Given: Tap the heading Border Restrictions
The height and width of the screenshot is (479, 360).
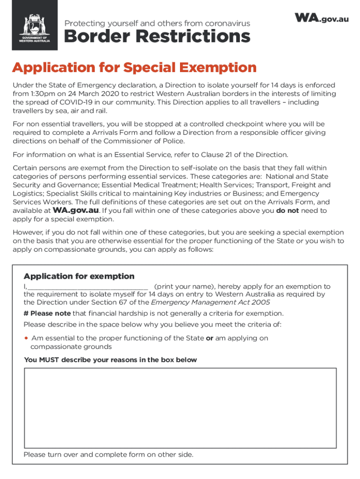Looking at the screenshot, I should (x=157, y=37).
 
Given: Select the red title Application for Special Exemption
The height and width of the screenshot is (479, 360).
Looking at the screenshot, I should (x=134, y=68).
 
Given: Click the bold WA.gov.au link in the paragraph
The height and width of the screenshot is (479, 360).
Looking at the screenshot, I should (x=76, y=210).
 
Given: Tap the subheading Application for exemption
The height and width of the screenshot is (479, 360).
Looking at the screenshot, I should (x=79, y=276).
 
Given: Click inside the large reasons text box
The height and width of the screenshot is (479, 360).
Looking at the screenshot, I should (x=180, y=408).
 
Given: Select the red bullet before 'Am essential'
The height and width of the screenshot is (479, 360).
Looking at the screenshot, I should (x=26, y=338).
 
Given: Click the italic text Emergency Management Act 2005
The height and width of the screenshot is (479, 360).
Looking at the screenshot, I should (x=210, y=302).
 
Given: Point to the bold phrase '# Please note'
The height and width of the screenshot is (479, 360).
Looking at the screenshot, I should (x=47, y=313).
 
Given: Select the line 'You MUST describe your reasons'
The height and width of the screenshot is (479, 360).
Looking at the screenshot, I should (x=110, y=360).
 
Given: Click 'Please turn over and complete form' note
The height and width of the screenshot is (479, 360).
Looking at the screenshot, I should (x=108, y=455).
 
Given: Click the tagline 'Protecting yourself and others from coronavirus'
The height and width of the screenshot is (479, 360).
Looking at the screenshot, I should (x=157, y=23).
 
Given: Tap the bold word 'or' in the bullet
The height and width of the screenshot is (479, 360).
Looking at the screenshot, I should (x=209, y=338).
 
